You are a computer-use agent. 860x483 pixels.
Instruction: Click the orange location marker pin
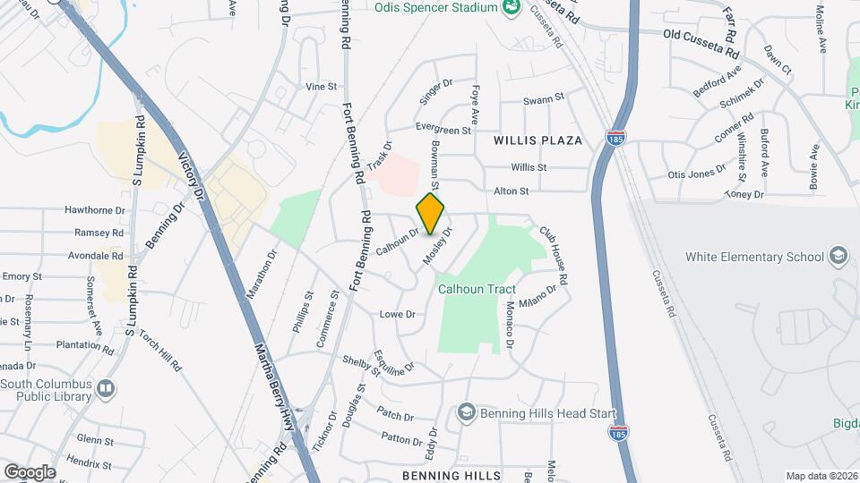point(430,213)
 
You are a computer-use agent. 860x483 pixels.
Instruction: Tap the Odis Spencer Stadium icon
point(512,8)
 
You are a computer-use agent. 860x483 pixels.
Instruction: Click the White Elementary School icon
point(838,257)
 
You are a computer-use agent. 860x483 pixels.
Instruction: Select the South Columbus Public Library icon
point(106,388)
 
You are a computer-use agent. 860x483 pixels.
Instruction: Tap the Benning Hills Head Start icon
point(465,411)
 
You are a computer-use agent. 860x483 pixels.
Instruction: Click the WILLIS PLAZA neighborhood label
point(537,140)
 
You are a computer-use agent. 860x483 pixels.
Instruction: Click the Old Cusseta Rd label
point(699,34)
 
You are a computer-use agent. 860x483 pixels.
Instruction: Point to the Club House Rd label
point(553,254)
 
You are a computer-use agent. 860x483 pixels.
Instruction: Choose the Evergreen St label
point(443,131)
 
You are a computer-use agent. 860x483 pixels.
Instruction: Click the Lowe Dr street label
point(397,314)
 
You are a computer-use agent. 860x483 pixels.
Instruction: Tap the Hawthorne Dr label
point(93,209)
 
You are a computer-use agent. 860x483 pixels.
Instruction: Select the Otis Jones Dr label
point(696,174)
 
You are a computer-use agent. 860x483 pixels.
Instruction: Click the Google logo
point(30,471)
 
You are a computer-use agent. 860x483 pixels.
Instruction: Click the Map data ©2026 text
point(821,475)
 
